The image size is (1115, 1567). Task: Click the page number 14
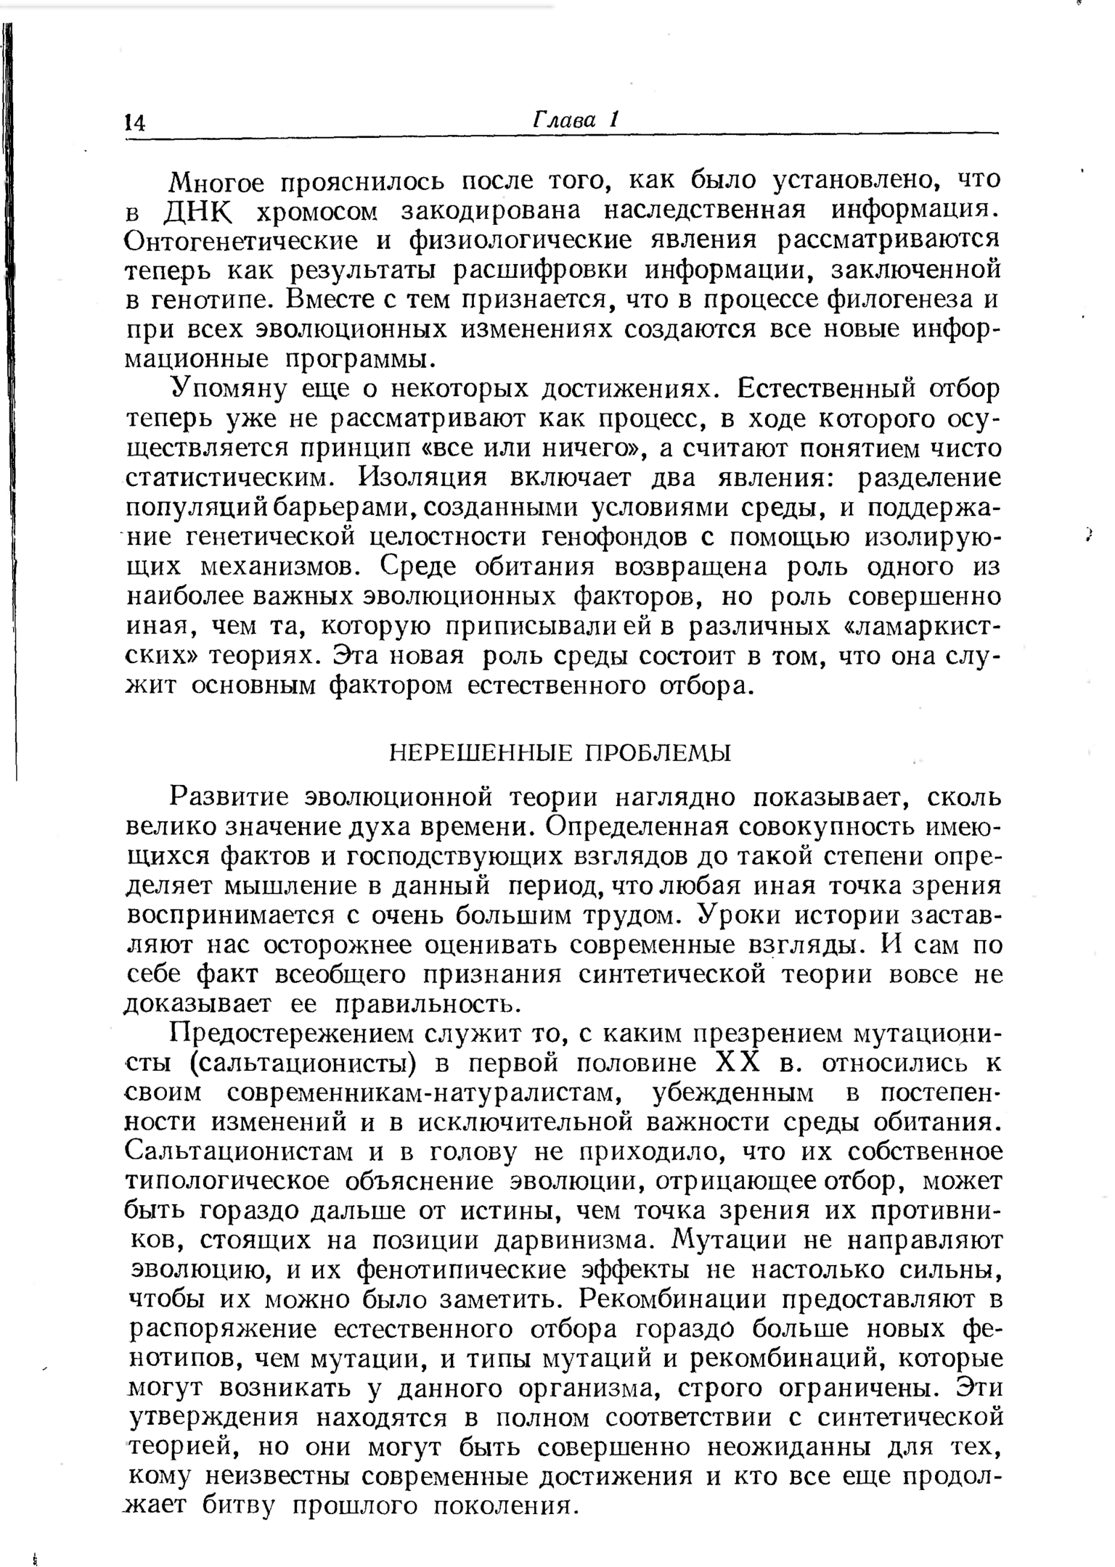click(x=135, y=121)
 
